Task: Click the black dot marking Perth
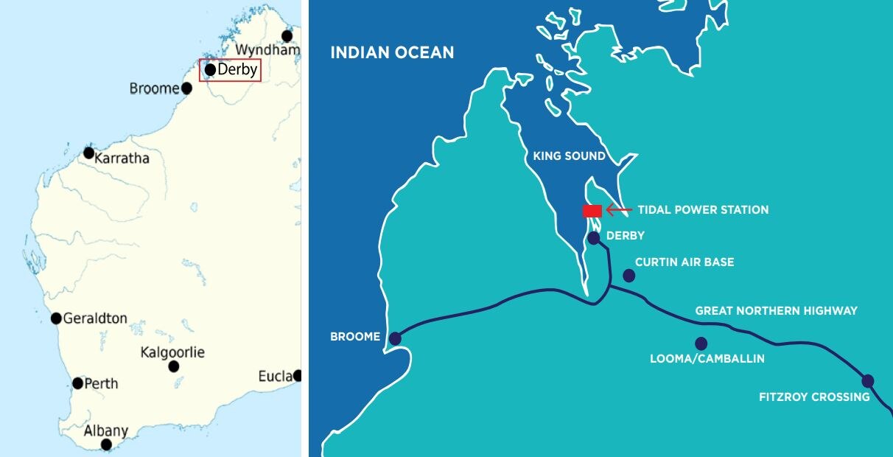click(x=78, y=383)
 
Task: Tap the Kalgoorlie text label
click(x=172, y=352)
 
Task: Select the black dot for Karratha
click(x=88, y=153)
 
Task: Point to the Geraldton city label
click(x=95, y=318)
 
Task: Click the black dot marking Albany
click(x=106, y=444)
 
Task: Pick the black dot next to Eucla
click(x=298, y=375)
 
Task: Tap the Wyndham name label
click(x=267, y=50)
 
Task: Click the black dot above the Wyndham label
click(x=287, y=35)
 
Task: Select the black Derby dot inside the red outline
click(x=210, y=70)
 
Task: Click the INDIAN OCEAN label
click(x=392, y=53)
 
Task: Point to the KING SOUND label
click(x=569, y=156)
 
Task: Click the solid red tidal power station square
click(x=592, y=211)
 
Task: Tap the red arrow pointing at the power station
click(x=618, y=210)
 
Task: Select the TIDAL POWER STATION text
click(x=703, y=210)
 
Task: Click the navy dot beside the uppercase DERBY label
click(x=594, y=238)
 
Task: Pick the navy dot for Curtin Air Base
click(x=628, y=276)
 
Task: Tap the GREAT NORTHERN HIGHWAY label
click(x=777, y=310)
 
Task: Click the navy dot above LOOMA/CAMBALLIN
click(x=701, y=343)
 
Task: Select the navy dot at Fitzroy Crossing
click(x=868, y=381)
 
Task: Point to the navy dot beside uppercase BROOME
click(x=395, y=339)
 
